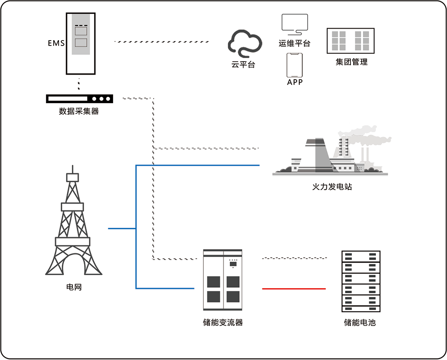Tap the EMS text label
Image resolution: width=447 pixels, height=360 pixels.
56,43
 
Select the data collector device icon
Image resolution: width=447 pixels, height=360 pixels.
79,99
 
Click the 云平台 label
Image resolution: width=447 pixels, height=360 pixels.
243,64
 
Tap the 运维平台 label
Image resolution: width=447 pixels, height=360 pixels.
294,43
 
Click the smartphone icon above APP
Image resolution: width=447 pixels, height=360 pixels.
295,65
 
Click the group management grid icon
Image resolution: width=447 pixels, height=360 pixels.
350,42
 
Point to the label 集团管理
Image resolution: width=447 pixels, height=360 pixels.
351,62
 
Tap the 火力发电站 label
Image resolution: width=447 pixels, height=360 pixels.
332,187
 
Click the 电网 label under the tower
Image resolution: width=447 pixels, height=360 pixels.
74,287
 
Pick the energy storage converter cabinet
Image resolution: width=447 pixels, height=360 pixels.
223,280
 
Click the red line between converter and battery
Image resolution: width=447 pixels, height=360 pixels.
294,289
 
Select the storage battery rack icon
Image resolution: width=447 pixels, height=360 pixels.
361,281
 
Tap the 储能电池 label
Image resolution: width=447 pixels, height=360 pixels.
360,322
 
